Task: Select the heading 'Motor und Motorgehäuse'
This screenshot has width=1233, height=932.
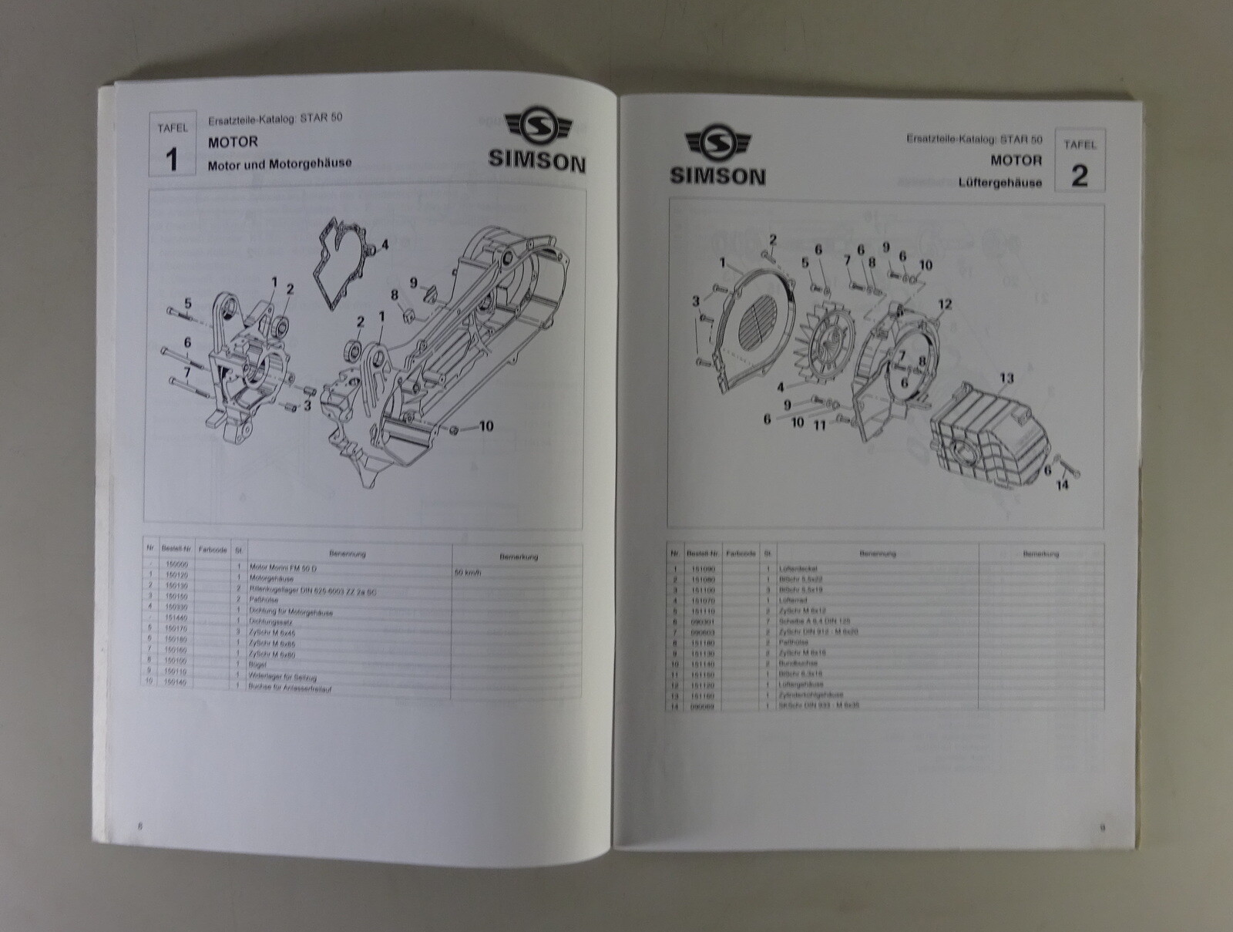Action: (279, 163)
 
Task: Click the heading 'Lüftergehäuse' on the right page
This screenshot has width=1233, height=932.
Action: (1000, 183)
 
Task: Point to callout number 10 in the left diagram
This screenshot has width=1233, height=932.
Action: (485, 426)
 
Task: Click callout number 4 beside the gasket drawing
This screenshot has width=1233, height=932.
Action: (384, 246)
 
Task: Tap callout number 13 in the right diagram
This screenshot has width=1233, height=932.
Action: (1006, 379)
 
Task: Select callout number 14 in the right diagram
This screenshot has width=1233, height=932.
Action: (1062, 486)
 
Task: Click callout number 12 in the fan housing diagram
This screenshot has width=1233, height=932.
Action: (945, 304)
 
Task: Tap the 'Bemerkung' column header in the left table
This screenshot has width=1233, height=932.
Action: (517, 557)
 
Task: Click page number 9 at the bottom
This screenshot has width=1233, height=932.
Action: (1102, 829)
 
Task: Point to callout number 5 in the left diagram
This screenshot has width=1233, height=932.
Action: (186, 303)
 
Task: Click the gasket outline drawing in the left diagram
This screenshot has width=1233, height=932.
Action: (339, 258)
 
